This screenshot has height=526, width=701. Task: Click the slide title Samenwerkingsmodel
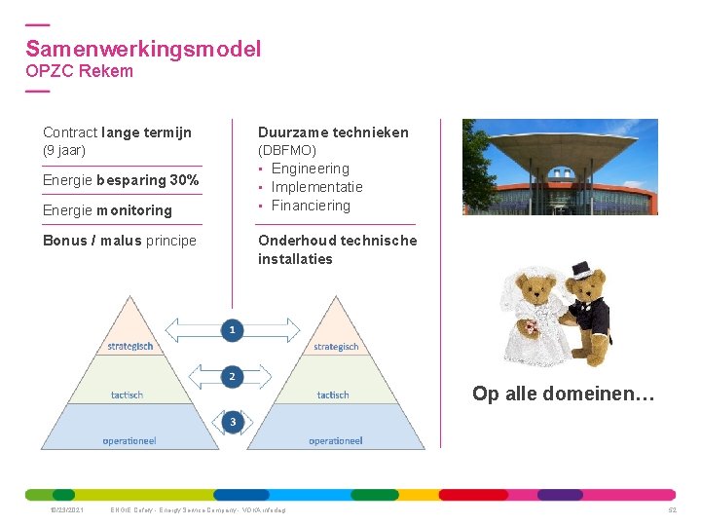pyautogui.click(x=143, y=49)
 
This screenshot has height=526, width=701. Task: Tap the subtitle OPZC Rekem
pyautogui.click(x=79, y=71)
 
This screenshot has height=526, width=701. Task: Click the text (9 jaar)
pyautogui.click(x=64, y=150)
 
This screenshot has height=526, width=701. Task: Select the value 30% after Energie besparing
pyautogui.click(x=185, y=180)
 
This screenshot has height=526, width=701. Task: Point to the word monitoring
pyautogui.click(x=134, y=210)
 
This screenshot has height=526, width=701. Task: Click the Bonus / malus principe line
pyautogui.click(x=120, y=241)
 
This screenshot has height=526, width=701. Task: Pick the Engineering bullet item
pyautogui.click(x=310, y=169)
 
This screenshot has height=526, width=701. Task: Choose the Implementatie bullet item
pyautogui.click(x=316, y=187)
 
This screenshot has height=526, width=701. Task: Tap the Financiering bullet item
pyautogui.click(x=311, y=206)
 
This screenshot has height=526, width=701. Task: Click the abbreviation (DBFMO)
pyautogui.click(x=287, y=150)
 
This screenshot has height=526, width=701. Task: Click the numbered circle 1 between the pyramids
pyautogui.click(x=232, y=330)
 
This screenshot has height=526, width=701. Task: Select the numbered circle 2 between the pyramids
pyautogui.click(x=232, y=376)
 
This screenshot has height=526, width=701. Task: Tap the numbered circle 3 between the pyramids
pyautogui.click(x=232, y=422)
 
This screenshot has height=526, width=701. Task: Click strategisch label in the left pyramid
pyautogui.click(x=130, y=347)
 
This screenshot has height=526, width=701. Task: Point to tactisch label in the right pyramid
pyautogui.click(x=333, y=394)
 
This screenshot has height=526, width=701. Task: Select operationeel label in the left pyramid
pyautogui.click(x=129, y=440)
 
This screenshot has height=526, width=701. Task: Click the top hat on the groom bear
pyautogui.click(x=582, y=269)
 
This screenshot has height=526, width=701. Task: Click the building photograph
pyautogui.click(x=559, y=167)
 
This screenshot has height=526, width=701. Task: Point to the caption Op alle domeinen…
pyautogui.click(x=564, y=394)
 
